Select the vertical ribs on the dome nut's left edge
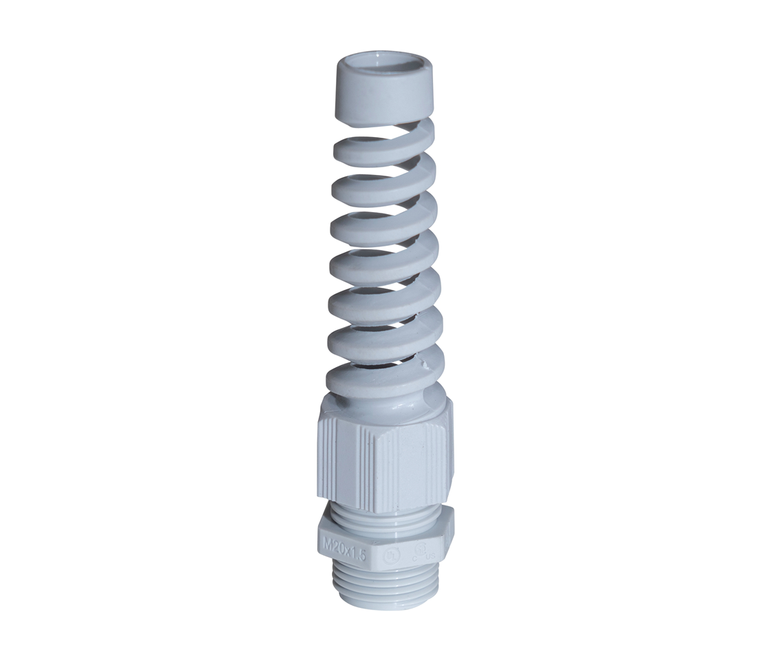click(x=328, y=458)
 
